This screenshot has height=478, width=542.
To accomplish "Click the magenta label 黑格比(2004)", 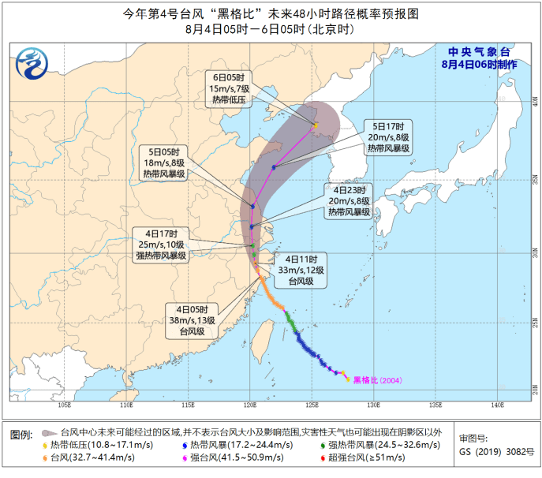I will click(x=377, y=380).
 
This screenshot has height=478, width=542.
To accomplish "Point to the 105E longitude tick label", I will click(x=65, y=405).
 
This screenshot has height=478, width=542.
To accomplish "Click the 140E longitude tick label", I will click(x=497, y=405).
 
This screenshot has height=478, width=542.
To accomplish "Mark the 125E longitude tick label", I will click(x=312, y=405).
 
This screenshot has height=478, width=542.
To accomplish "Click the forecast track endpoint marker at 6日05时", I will click(x=316, y=125).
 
